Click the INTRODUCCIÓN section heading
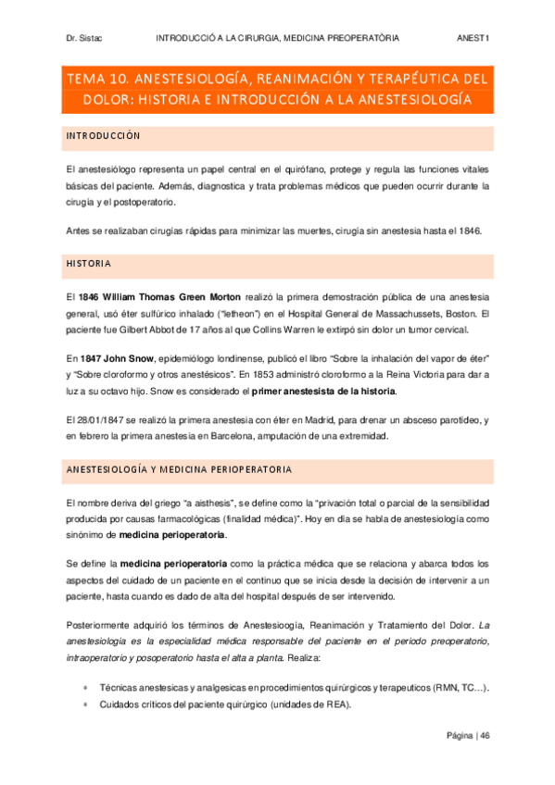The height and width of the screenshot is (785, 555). (103, 137)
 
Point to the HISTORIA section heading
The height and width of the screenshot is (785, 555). (88, 264)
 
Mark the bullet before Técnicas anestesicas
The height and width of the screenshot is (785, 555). (85, 688)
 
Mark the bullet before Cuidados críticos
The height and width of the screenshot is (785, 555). (85, 704)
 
